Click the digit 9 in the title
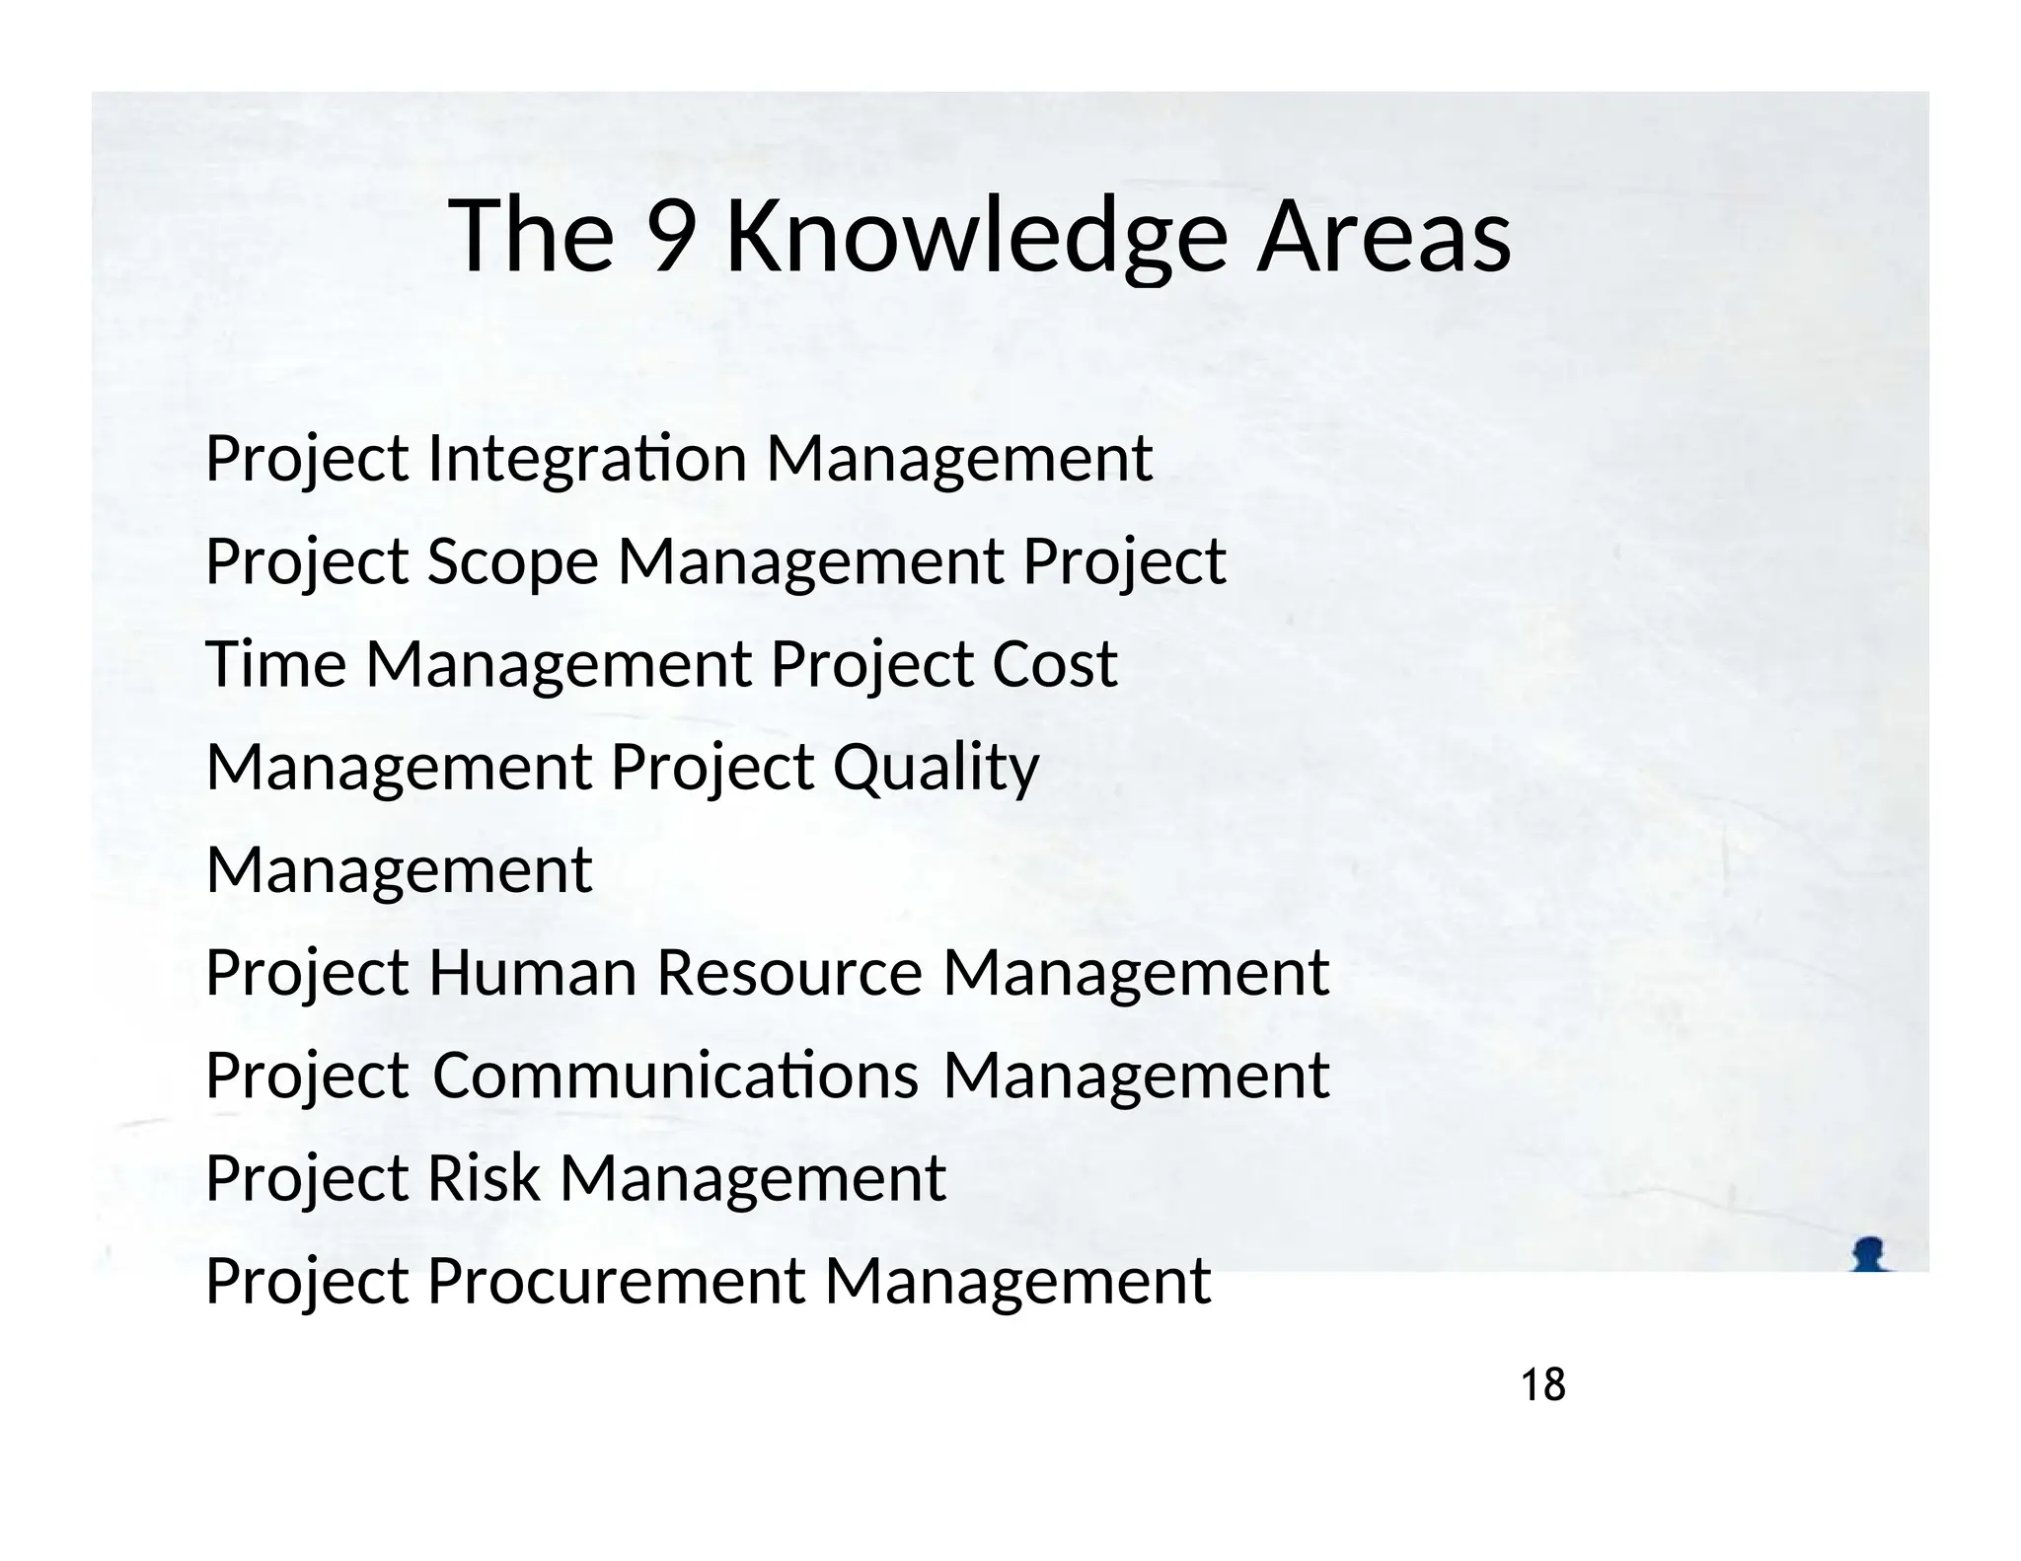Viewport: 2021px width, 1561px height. tap(669, 237)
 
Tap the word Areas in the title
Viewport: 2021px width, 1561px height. tap(1384, 237)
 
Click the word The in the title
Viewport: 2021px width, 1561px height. tap(531, 237)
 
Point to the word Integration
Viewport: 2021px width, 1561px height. tap(587, 461)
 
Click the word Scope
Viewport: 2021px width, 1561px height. tap(512, 563)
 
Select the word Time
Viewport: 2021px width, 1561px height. tap(275, 664)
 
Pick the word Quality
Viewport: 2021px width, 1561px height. tap(936, 769)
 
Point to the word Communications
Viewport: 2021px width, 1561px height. tap(676, 1076)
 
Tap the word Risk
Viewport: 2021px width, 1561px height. tap(483, 1178)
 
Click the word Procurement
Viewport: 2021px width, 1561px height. tap(616, 1282)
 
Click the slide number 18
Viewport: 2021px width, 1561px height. tap(1543, 1386)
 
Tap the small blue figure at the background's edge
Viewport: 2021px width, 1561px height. tap(1869, 1254)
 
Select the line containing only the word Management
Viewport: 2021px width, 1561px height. tap(399, 870)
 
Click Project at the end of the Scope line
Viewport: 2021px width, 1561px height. tap(1124, 563)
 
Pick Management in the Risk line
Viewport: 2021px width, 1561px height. tap(753, 1178)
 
